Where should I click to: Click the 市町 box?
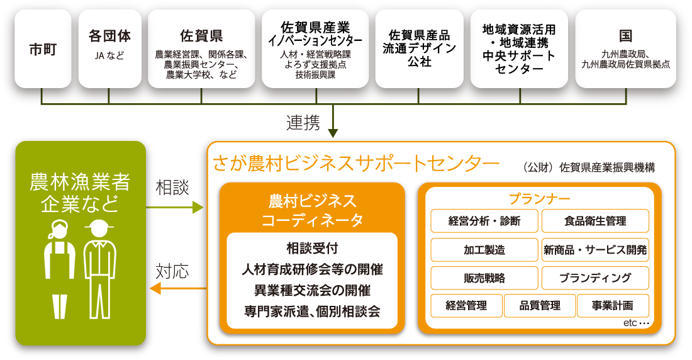coord(43,48)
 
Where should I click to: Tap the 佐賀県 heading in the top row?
coord(201,35)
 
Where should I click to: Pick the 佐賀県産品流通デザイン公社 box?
coord(419,48)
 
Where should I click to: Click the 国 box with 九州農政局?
coord(625,48)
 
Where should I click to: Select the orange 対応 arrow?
coord(179,289)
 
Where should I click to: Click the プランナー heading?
coord(539,199)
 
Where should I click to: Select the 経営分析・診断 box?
coord(484,221)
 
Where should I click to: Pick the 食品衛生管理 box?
coord(594,221)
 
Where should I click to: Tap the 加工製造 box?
coord(484,250)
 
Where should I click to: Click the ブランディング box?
coord(594,278)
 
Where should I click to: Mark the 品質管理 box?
coord(540,306)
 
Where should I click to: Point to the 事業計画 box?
coord(612,306)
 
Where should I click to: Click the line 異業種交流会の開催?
coord(312,290)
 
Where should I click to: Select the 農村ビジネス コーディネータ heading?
coord(312,210)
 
